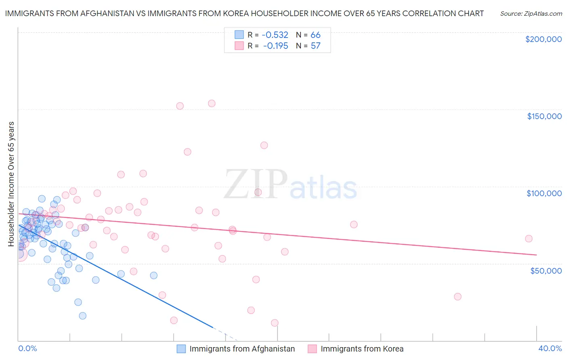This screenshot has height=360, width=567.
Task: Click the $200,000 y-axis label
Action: pyautogui.click(x=543, y=39)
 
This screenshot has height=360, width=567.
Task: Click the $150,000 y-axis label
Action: pyautogui.click(x=544, y=116)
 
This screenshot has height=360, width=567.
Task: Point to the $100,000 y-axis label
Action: pyautogui.click(x=544, y=193)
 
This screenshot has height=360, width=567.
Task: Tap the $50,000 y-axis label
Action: pyautogui.click(x=546, y=270)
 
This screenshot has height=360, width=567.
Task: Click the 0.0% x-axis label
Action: pyautogui.click(x=27, y=348)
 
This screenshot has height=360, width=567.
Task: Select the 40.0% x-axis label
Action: pyautogui.click(x=550, y=348)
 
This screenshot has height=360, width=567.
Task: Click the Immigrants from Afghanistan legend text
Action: pyautogui.click(x=242, y=349)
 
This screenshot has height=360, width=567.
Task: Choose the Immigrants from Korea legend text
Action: pyautogui.click(x=362, y=349)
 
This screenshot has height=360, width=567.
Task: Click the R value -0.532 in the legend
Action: pyautogui.click(x=275, y=35)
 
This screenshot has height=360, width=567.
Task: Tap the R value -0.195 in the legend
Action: pyautogui.click(x=275, y=46)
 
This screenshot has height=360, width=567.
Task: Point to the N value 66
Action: pyautogui.click(x=315, y=35)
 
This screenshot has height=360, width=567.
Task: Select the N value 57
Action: pyautogui.click(x=315, y=46)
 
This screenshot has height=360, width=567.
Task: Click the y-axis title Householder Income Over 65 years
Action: pyautogui.click(x=11, y=184)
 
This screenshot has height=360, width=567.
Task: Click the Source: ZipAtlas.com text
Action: pyautogui.click(x=531, y=14)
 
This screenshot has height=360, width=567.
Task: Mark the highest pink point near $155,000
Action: pyautogui.click(x=212, y=103)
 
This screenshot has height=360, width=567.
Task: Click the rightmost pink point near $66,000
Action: pyautogui.click(x=529, y=239)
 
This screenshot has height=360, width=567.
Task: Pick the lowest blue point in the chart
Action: pyautogui.click(x=83, y=316)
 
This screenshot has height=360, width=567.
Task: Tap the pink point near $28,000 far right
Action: pyautogui.click(x=457, y=297)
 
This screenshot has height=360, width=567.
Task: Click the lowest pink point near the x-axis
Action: pyautogui.click(x=275, y=323)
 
